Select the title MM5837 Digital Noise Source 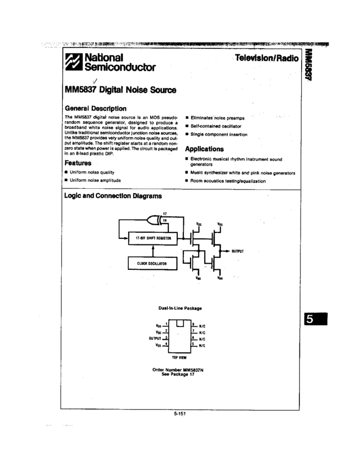click(x=121, y=90)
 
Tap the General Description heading click(x=95, y=108)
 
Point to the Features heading click(x=78, y=163)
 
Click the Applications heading click(x=204, y=149)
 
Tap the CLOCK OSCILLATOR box click(x=152, y=264)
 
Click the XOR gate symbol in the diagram click(x=156, y=220)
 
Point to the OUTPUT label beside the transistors click(x=237, y=251)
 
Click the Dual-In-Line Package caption click(x=180, y=308)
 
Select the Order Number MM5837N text click(x=178, y=371)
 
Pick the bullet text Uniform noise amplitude click(x=95, y=180)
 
